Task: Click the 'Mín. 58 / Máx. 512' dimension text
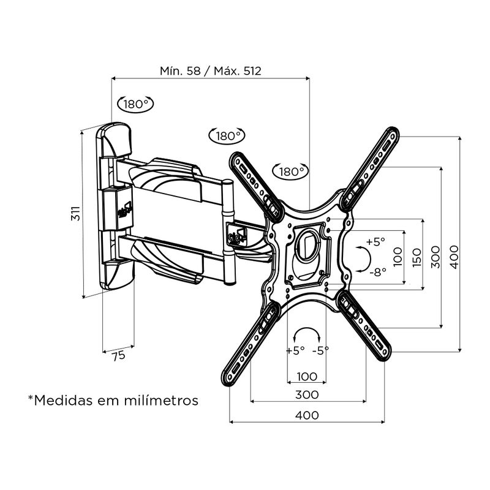211,70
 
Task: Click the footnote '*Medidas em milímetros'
113,401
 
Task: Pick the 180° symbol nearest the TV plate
290,171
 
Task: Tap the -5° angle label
320,351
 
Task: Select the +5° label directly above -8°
375,241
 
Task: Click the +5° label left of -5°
295,351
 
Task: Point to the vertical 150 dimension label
416,256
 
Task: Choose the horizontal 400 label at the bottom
306,415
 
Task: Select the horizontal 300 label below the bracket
306,394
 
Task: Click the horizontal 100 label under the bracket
306,375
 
